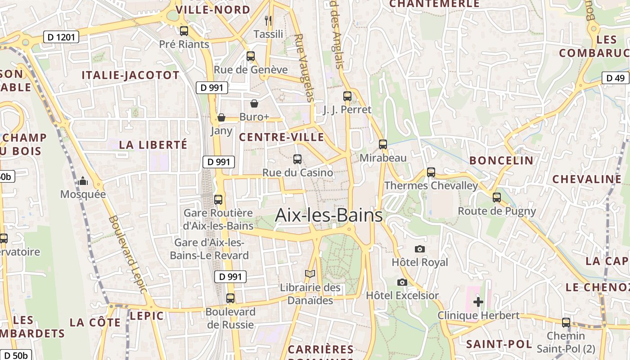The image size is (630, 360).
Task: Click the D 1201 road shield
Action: [x=61, y=37]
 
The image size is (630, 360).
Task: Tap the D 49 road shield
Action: [x=615, y=78]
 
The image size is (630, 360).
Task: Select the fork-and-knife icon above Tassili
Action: [x=268, y=20]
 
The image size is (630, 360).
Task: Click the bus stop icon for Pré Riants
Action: [x=184, y=31]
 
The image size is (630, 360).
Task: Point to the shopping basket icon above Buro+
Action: [x=254, y=103]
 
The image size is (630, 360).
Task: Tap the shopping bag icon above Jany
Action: [x=221, y=117]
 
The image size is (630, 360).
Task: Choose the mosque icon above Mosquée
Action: [x=83, y=181]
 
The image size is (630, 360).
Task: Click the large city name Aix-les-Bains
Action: [x=328, y=215]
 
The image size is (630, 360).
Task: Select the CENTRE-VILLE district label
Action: [x=281, y=137]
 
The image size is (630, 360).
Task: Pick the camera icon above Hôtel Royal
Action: [x=419, y=249]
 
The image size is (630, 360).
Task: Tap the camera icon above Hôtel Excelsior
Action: [x=402, y=282]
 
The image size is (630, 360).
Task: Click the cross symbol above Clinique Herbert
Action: [x=478, y=301]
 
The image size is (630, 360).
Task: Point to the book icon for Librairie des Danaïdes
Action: [x=310, y=274]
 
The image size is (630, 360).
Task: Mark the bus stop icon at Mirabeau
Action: [x=383, y=144]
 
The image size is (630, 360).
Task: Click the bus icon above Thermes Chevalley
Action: [x=431, y=172]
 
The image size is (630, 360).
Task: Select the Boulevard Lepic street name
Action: [x=128, y=254]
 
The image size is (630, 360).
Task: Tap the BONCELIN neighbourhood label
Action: [x=501, y=161]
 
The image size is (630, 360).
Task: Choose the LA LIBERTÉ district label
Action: [x=153, y=145]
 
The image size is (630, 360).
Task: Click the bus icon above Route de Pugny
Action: [x=497, y=197]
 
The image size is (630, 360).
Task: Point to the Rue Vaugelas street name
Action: [x=305, y=67]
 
